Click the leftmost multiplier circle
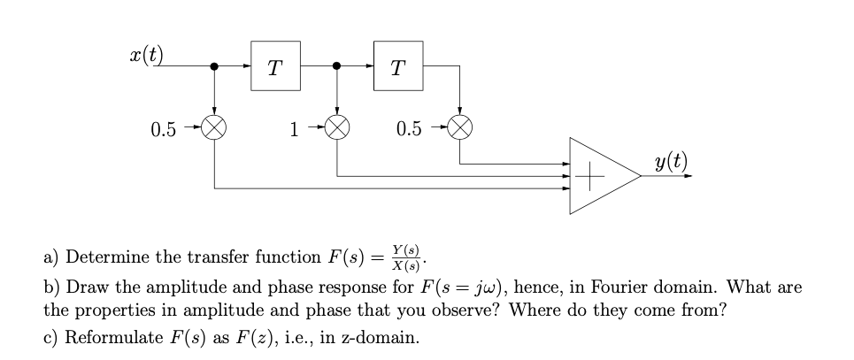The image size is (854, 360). (214, 130)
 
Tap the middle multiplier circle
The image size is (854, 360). (336, 130)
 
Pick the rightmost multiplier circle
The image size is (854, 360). (459, 130)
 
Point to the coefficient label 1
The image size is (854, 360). (293, 130)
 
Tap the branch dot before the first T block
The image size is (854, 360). (214, 65)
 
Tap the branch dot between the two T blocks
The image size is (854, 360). (336, 65)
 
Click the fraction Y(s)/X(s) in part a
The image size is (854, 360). (408, 257)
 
